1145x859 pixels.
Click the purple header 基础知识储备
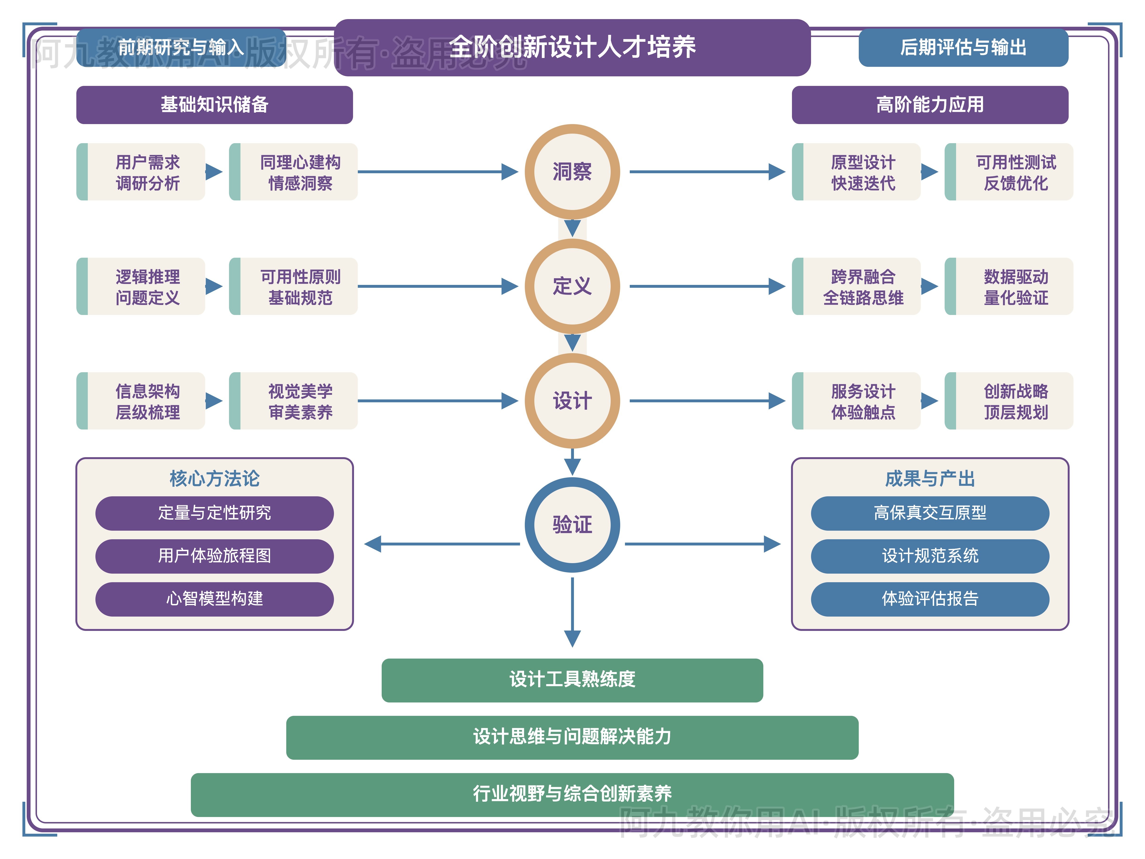[x=214, y=105]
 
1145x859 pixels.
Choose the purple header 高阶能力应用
[x=930, y=105]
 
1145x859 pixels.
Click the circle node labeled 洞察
[x=572, y=171]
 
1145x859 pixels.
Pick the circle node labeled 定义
[x=572, y=286]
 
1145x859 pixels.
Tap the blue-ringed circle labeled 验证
[x=572, y=524]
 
